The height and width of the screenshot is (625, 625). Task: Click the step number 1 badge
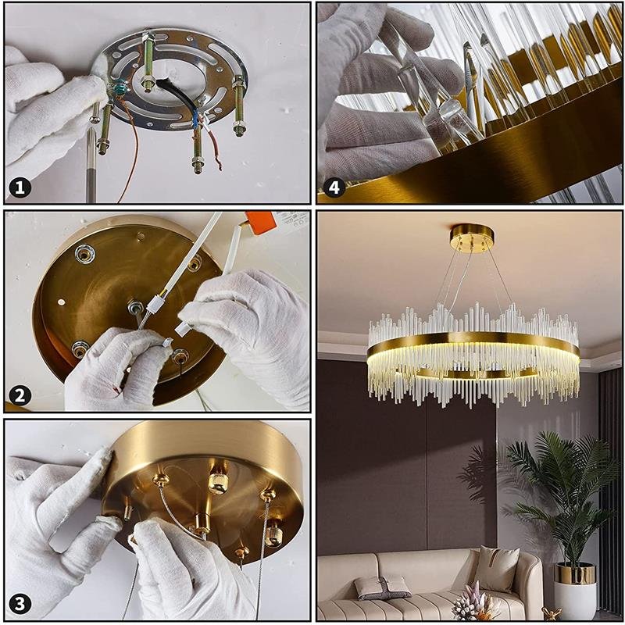[20, 187]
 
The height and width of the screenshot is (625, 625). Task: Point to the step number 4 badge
[334, 187]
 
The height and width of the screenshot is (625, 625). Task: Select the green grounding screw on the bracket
[119, 90]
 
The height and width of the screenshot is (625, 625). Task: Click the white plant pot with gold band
[575, 591]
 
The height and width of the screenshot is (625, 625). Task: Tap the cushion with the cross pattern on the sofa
[382, 587]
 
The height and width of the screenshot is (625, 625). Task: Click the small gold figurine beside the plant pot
[552, 614]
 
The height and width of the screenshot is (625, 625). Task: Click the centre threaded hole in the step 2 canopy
[135, 308]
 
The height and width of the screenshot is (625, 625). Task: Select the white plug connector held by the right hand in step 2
[183, 328]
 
